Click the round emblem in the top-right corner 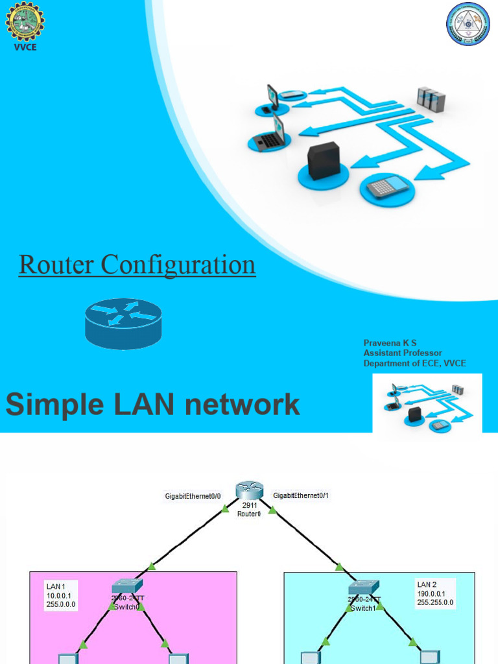point(468,25)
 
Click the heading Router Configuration point(137,265)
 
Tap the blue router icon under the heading point(123,323)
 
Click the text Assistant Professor point(403,353)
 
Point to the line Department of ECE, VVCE point(414,364)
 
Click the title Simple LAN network point(153,405)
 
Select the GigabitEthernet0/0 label point(193,496)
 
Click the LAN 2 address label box point(435,593)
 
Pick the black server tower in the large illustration point(323,161)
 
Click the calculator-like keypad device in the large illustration point(387,187)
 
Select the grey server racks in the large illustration point(431,99)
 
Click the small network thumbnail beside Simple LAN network point(427,403)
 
